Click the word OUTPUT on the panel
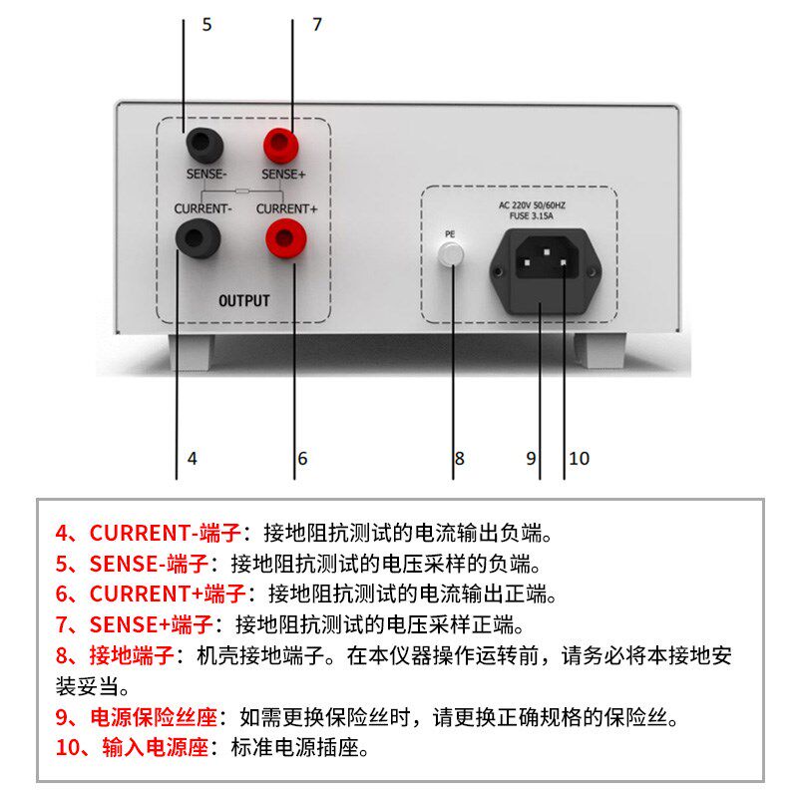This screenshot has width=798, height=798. point(243,300)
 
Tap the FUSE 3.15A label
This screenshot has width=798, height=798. point(538,214)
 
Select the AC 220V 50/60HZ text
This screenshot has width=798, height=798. point(538,203)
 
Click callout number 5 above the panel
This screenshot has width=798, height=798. point(206,24)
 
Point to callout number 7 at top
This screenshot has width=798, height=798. point(317,24)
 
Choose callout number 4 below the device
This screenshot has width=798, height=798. point(192,459)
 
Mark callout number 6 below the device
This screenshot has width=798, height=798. point(302,459)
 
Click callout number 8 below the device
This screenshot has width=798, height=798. point(459,459)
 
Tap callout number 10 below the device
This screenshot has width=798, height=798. point(579,459)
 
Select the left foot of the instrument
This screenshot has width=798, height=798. point(192,352)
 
